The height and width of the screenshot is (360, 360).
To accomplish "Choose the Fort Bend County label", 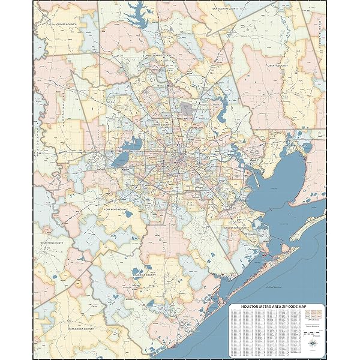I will click(116, 209).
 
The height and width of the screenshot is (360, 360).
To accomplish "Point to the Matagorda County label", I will click(80, 328).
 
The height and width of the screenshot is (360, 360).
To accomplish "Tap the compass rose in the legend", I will click(313, 342).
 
